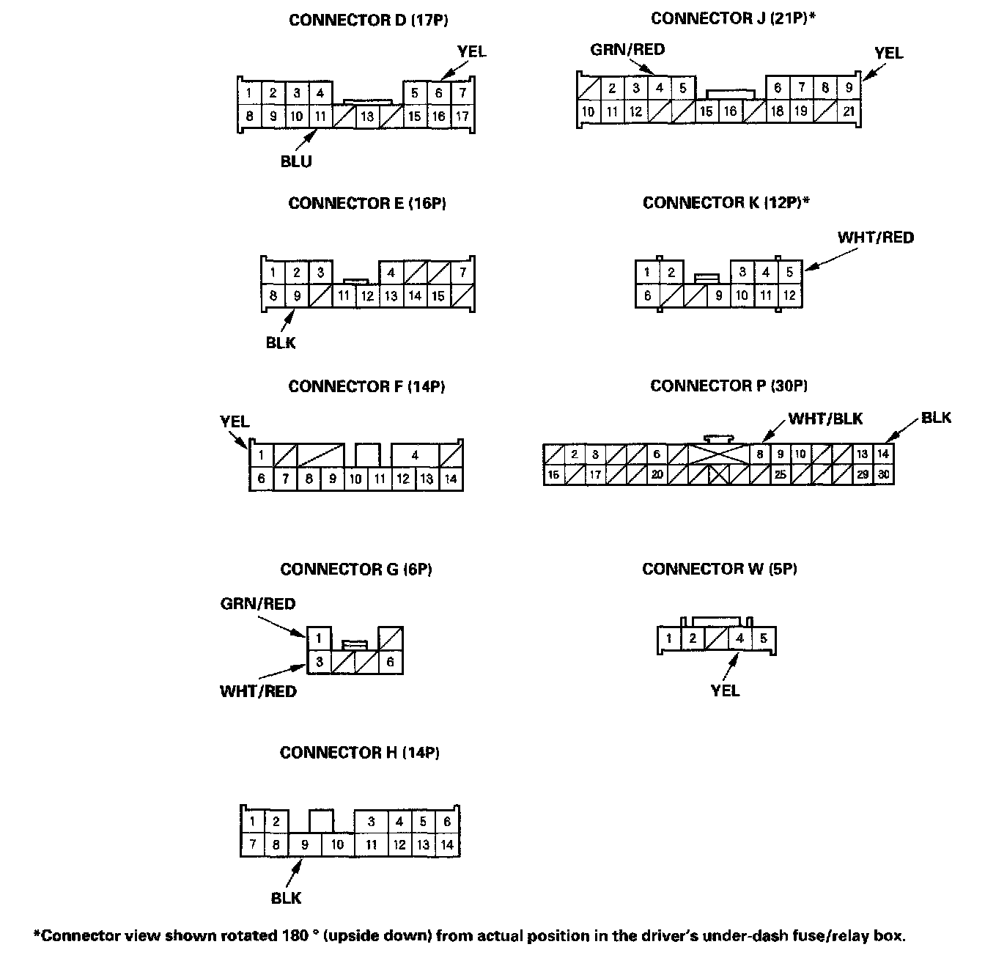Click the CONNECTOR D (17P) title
[x=368, y=20]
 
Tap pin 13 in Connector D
[x=367, y=116]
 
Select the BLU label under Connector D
[x=296, y=162]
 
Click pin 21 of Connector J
[x=849, y=112]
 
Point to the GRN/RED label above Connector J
[x=627, y=50]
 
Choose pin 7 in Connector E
[x=462, y=273]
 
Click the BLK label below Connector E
[x=281, y=342]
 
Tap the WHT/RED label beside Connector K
[x=876, y=237]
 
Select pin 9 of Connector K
[x=719, y=296]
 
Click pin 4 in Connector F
[x=415, y=455]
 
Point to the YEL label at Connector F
[x=235, y=421]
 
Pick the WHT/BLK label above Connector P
[x=825, y=419]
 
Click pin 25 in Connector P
[x=781, y=475]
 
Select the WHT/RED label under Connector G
[x=258, y=691]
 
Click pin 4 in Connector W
[x=740, y=638]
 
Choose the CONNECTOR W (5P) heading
[x=720, y=569]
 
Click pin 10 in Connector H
[x=337, y=844]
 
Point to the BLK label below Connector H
[x=286, y=899]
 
